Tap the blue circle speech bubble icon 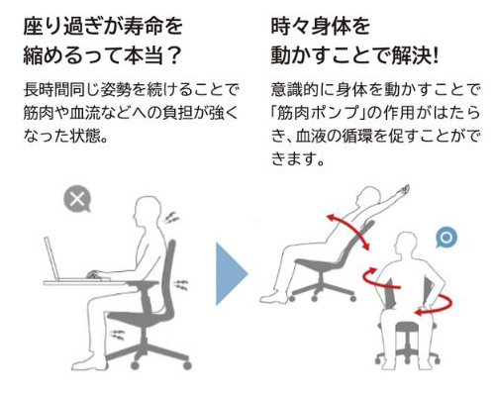point(446,238)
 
